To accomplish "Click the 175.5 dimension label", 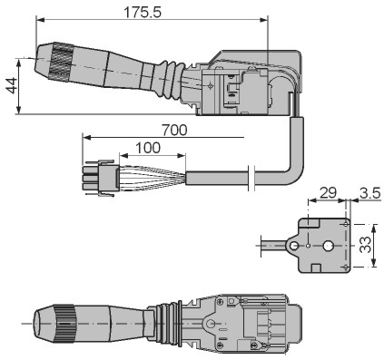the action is point(143,13).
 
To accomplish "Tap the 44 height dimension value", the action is point(12,85).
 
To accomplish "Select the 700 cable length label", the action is point(174,131).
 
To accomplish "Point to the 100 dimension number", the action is point(148,148).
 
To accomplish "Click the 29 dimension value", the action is point(328,193).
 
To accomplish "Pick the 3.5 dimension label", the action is point(369,193).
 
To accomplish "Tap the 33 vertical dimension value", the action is point(366,245).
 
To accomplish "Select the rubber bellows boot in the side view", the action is point(171,80).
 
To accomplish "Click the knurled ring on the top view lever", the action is point(61,63).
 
